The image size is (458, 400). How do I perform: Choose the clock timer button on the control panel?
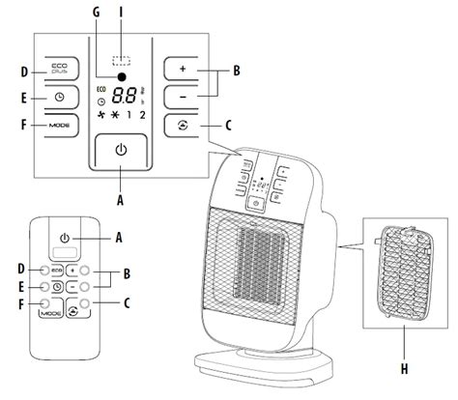click(x=59, y=98)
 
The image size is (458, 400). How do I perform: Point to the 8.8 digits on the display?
click(x=125, y=96)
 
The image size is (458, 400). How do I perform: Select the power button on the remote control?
click(x=64, y=237)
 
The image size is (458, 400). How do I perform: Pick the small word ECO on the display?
click(x=101, y=85)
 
